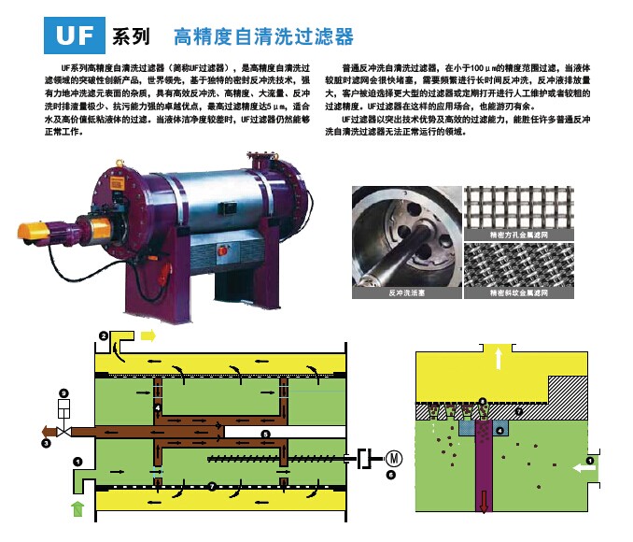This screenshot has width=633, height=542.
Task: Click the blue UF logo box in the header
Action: click(x=77, y=35)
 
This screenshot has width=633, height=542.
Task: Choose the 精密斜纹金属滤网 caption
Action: click(x=519, y=292)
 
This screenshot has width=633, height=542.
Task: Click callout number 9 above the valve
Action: click(x=63, y=392)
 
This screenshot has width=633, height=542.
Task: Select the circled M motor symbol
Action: click(x=394, y=458)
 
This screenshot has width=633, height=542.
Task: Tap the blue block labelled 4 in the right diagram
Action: click(x=501, y=430)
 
